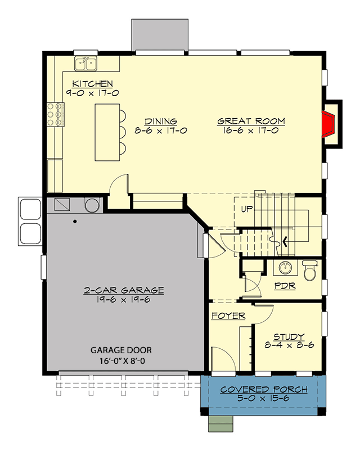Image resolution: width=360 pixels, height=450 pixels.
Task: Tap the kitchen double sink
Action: pyautogui.click(x=85, y=64)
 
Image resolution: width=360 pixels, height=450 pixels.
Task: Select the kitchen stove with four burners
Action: pyautogui.click(x=55, y=114)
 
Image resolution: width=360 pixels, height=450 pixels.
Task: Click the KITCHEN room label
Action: pyautogui.click(x=92, y=84)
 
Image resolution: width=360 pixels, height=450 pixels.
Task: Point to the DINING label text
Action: pyautogui.click(x=161, y=121)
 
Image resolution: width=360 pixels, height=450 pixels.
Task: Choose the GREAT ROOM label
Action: pyautogui.click(x=251, y=121)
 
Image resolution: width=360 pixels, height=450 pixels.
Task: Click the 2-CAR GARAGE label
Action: pyautogui.click(x=124, y=290)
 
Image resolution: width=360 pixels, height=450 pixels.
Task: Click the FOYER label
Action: pyautogui.click(x=228, y=316)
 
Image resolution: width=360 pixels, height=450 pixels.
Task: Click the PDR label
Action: pyautogui.click(x=285, y=285)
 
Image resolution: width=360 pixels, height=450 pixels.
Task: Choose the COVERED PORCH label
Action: pyautogui.click(x=264, y=389)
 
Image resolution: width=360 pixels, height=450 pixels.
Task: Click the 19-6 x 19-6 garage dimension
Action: pyautogui.click(x=124, y=300)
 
